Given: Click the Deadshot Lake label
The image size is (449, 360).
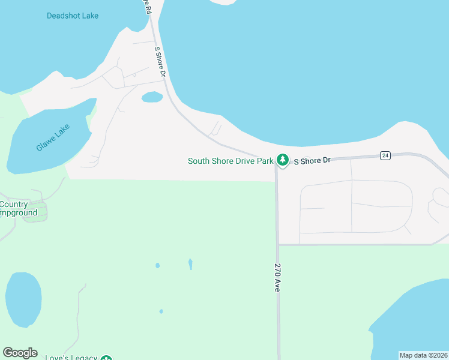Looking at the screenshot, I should (73, 16).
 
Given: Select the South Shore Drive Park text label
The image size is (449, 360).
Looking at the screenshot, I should (231, 161).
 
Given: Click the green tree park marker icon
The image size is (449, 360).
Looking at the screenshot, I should (282, 160).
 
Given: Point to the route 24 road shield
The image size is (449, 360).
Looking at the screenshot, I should (385, 155).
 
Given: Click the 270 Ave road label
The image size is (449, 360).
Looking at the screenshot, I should (278, 277).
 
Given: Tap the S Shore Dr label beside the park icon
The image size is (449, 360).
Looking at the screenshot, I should (312, 160).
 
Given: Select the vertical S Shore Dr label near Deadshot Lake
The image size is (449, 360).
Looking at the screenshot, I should (160, 62).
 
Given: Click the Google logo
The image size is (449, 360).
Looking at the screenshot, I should (20, 353).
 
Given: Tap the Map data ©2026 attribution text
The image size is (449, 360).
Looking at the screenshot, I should (424, 355).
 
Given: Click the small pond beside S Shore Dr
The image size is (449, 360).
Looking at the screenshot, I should (152, 97).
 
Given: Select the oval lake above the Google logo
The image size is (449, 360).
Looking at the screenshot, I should (23, 299).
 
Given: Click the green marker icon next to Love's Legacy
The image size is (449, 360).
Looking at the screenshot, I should (106, 358).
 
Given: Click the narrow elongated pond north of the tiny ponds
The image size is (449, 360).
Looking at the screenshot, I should (190, 263).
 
